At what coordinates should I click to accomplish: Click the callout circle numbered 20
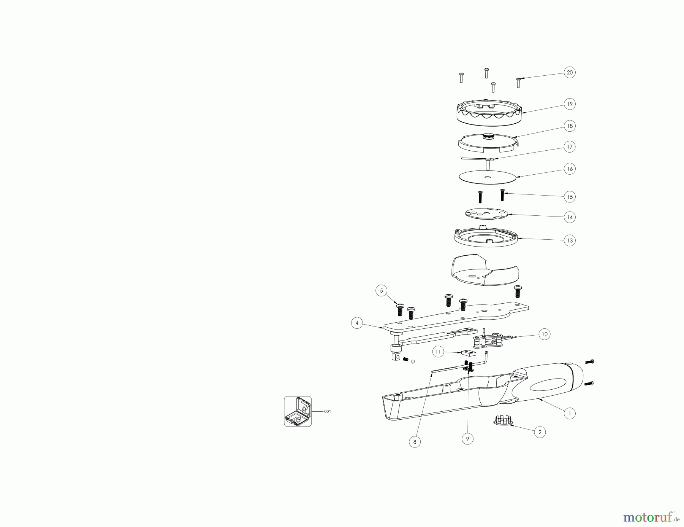click(x=570, y=72)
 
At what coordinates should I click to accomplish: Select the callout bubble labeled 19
click(x=570, y=104)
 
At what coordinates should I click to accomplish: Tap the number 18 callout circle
click(x=570, y=126)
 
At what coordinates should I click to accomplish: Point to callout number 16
click(x=570, y=169)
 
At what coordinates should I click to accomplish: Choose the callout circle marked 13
click(x=570, y=240)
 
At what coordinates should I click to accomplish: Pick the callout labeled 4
click(x=357, y=323)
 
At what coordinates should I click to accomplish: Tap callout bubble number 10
click(x=545, y=334)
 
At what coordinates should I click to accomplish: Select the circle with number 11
click(x=438, y=352)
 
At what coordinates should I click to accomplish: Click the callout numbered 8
click(x=415, y=442)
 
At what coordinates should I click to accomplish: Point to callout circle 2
click(x=540, y=432)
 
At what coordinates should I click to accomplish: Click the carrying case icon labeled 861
click(x=298, y=411)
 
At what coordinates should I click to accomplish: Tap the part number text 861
click(x=328, y=411)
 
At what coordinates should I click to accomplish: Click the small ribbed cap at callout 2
click(x=503, y=420)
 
